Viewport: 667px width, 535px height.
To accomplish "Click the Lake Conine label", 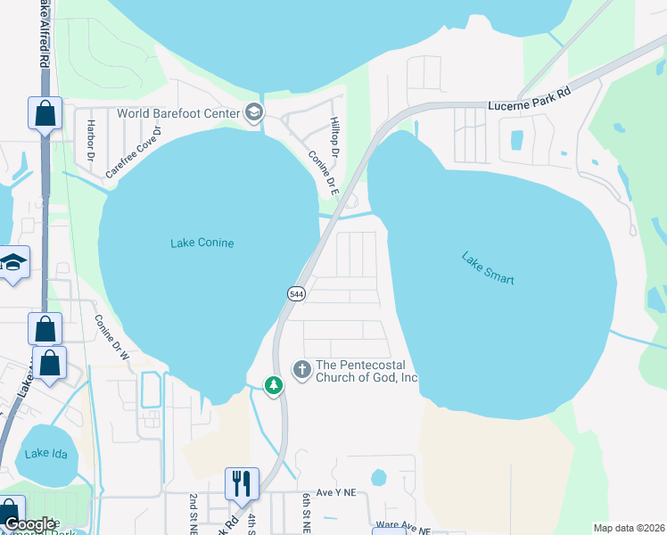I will pos(202,243).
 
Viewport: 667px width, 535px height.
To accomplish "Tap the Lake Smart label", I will pos(488,267).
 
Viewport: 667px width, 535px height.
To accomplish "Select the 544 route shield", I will pos(295,294).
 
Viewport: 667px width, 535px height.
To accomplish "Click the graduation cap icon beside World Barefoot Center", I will pos(254,113).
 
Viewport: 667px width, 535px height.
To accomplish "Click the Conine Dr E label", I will pos(321,170).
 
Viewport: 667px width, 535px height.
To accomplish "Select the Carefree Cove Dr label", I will pos(134,152).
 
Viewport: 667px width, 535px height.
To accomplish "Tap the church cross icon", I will pos(301,369).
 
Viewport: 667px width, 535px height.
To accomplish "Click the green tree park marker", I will pos(275,385).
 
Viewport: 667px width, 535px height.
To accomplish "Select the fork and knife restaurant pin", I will pos(242,483).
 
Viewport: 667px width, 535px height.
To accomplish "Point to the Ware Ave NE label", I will pos(403,531).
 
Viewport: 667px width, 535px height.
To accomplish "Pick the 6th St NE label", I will pos(305,514).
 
